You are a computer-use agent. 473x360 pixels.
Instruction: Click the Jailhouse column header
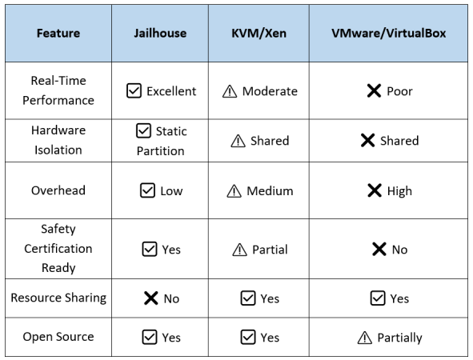160,33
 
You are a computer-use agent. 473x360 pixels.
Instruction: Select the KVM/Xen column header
259,33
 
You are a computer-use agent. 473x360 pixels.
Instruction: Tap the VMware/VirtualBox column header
388,33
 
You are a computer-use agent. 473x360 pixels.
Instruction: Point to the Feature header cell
58,33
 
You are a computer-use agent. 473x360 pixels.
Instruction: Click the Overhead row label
58,190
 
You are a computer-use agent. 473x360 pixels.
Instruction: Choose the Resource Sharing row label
58,298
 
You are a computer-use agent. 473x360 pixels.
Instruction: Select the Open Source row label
58,337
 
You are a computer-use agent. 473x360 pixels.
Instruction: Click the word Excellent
171,91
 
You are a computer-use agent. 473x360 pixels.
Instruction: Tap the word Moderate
270,91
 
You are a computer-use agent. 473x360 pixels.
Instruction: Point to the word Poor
399,91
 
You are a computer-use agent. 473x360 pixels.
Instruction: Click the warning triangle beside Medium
234,191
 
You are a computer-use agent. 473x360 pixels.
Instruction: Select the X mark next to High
375,190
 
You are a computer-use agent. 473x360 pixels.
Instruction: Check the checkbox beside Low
147,190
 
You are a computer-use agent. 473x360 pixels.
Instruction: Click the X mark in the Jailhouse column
151,298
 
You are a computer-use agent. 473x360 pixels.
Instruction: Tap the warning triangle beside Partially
365,338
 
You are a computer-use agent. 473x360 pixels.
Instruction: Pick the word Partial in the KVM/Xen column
270,250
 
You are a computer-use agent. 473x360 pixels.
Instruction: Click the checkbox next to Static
143,131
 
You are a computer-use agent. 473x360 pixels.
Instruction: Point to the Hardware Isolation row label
58,140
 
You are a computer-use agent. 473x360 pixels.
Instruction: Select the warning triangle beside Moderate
230,91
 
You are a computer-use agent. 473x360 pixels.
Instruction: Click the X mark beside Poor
374,90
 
